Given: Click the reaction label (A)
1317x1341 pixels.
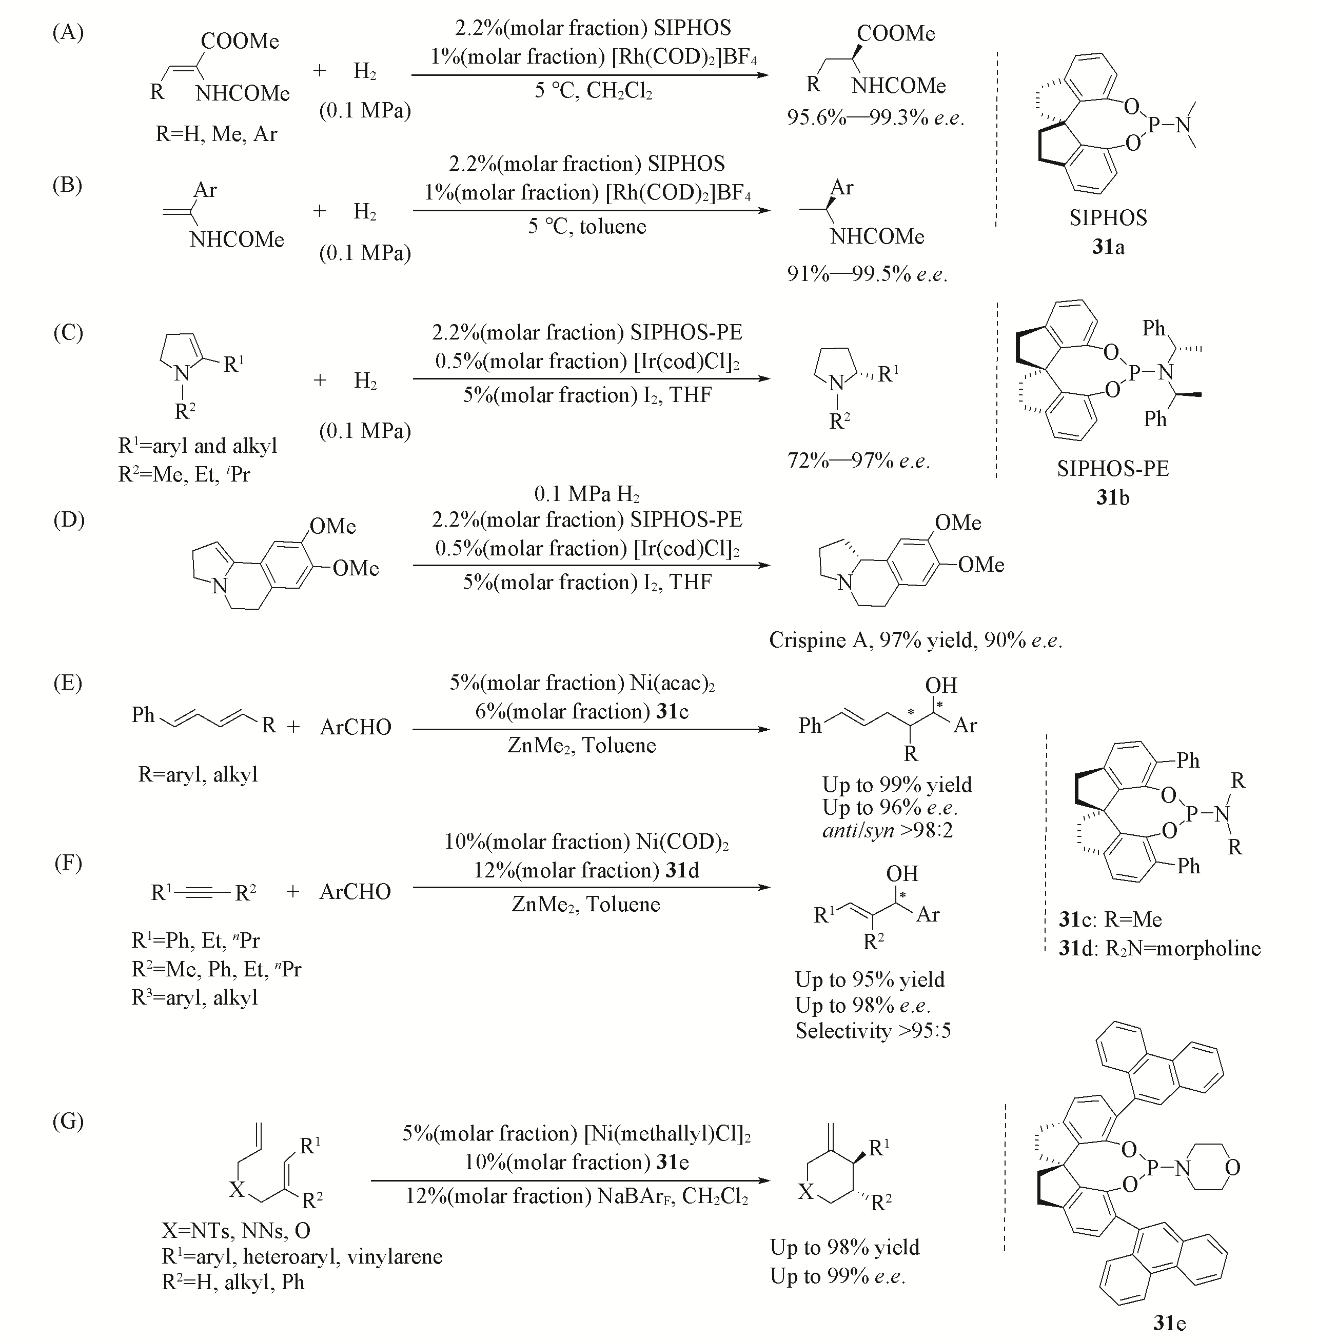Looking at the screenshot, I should point(68,32).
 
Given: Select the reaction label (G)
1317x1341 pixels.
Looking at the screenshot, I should point(68,1120).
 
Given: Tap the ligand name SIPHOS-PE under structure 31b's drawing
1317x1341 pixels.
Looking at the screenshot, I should point(1112,469).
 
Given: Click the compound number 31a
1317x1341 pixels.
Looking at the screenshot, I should point(1108,247).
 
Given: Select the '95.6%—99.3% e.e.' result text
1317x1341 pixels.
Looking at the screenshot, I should point(875,117).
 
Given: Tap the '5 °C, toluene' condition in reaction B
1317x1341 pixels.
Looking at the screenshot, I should point(587,226).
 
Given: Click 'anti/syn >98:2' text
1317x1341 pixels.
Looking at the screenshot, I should point(888,830).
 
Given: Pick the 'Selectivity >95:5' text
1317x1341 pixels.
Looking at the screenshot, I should point(873,1031).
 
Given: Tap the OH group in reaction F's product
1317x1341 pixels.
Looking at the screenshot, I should point(902,874).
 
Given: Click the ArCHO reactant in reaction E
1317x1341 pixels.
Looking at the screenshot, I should point(356,727).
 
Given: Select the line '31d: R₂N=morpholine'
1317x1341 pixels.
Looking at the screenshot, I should point(1159,948).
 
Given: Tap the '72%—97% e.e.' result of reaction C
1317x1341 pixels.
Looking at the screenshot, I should point(858,461).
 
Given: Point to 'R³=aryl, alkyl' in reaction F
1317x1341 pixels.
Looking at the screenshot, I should point(194,997).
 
